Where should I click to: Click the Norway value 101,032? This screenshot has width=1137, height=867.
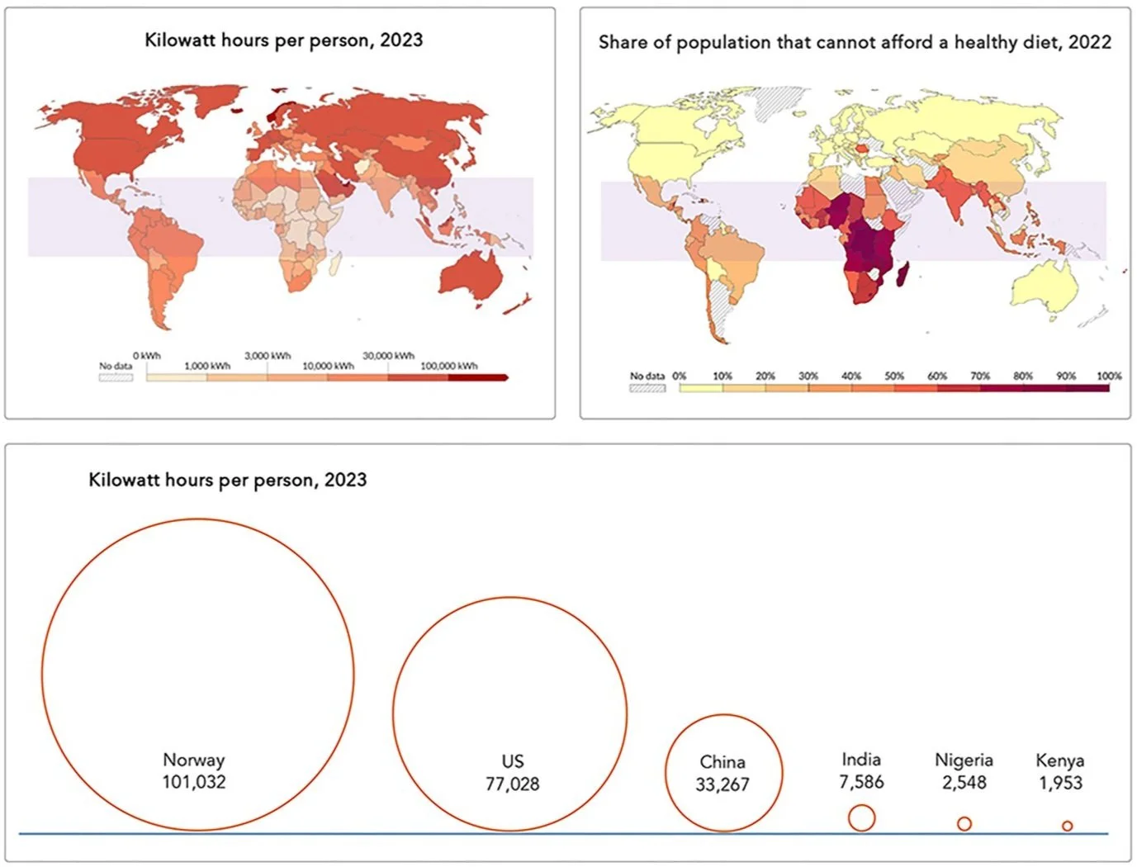pyautogui.click(x=194, y=782)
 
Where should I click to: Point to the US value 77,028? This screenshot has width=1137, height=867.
pyautogui.click(x=512, y=784)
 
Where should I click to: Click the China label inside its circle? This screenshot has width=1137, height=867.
pyautogui.click(x=722, y=762)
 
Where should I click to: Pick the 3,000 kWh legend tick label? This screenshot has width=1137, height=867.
pyautogui.click(x=268, y=356)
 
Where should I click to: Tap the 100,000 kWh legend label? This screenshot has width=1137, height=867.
pyautogui.click(x=449, y=366)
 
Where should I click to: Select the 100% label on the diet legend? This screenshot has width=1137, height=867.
pyautogui.click(x=1109, y=376)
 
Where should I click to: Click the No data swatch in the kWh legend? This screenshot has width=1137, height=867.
pyautogui.click(x=116, y=377)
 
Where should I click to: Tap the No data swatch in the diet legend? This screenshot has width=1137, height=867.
pyautogui.click(x=647, y=388)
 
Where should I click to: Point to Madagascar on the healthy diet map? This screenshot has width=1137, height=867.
pyautogui.click(x=902, y=274)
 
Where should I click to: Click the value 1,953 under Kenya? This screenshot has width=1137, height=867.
pyautogui.click(x=1060, y=783)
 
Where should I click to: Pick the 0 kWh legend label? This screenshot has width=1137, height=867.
pyautogui.click(x=147, y=356)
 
